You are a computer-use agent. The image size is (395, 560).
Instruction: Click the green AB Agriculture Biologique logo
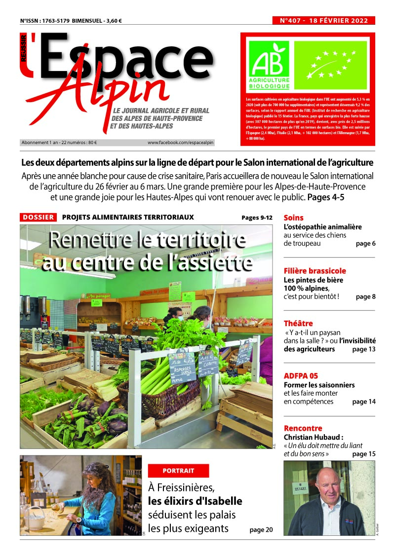[x=269, y=65]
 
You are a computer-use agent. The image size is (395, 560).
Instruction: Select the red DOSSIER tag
[x=38, y=217]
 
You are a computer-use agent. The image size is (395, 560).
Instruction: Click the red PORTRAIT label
[x=178, y=470]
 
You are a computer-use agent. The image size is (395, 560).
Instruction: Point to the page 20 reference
[x=261, y=530]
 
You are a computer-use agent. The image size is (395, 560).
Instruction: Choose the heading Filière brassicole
[x=315, y=271]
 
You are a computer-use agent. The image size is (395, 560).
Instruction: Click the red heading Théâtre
[x=298, y=324]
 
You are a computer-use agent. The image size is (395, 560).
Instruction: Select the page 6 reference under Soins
[x=365, y=244]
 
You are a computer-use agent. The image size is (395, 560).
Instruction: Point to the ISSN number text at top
[x=44, y=21]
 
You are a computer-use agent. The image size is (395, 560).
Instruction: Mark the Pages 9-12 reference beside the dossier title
[x=257, y=218]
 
